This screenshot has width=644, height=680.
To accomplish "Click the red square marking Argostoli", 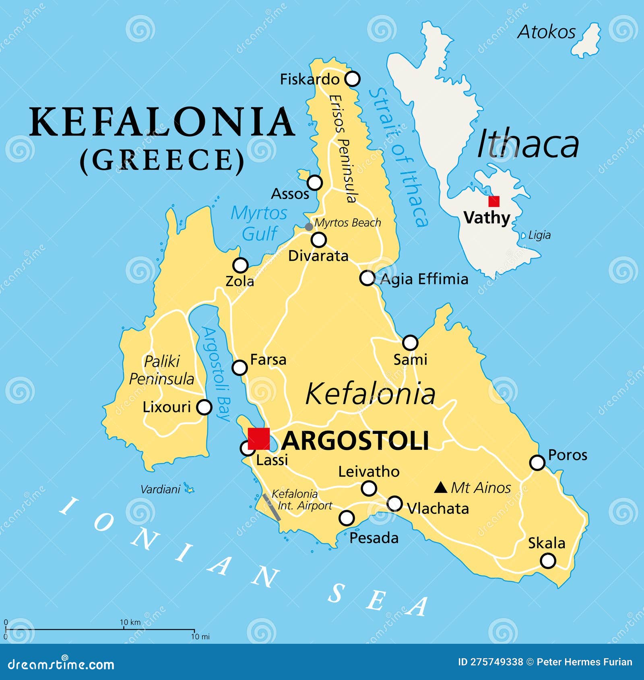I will coord(259,439).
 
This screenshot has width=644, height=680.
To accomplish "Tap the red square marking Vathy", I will coord(494,201).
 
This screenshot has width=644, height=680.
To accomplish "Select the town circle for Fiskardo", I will coord(353,79).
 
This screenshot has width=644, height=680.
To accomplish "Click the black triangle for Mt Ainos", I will coord(441,488).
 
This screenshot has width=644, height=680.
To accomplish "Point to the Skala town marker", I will coord(548,560).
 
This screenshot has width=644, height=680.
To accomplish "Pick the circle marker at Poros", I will coord(537,463).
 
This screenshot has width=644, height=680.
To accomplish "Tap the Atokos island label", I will coord(546,32).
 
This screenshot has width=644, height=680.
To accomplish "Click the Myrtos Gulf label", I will coord(259,223).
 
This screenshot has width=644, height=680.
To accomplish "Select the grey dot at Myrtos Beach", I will coord(309,227).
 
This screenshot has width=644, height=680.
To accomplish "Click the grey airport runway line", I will coord(271,507).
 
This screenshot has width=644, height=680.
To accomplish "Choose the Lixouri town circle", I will coord(204,407).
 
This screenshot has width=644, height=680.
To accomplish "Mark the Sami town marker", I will coord(410,343).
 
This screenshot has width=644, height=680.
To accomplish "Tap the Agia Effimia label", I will coord(424,279).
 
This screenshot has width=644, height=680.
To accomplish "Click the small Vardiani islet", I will coord(188,489).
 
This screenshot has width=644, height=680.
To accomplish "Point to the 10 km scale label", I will coord(130,622).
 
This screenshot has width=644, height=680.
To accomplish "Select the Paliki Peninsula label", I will coord(161,370).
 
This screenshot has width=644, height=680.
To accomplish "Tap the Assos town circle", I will coord(315,183).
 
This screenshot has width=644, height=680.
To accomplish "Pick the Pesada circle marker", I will coord(347,518).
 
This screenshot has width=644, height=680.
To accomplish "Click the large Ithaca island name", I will coord(528,144).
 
